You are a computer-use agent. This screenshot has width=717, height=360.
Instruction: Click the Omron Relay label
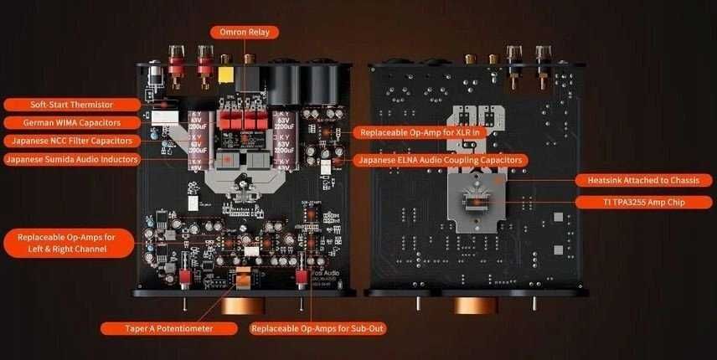click(244, 33)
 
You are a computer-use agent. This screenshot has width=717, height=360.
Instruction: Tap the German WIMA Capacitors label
click(71, 123)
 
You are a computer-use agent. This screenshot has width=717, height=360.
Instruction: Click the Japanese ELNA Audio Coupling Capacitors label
click(441, 159)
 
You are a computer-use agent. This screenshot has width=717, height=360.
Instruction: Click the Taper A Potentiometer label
click(157, 328)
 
